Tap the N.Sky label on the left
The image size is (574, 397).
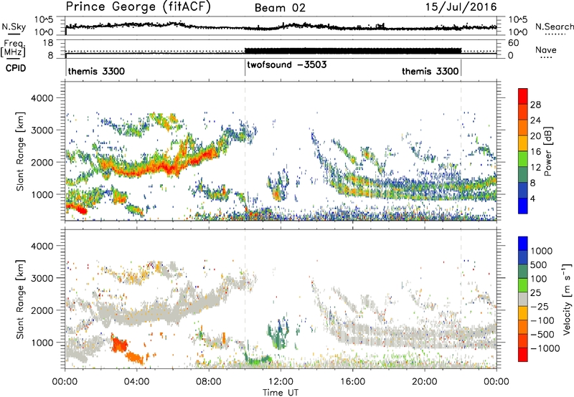point(11,27)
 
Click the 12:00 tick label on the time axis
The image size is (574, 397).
point(281,381)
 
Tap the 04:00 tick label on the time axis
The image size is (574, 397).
point(137,381)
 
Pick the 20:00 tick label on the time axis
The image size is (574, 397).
point(425,381)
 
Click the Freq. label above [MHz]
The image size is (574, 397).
point(11,43)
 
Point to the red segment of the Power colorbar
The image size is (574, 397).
point(524,96)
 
